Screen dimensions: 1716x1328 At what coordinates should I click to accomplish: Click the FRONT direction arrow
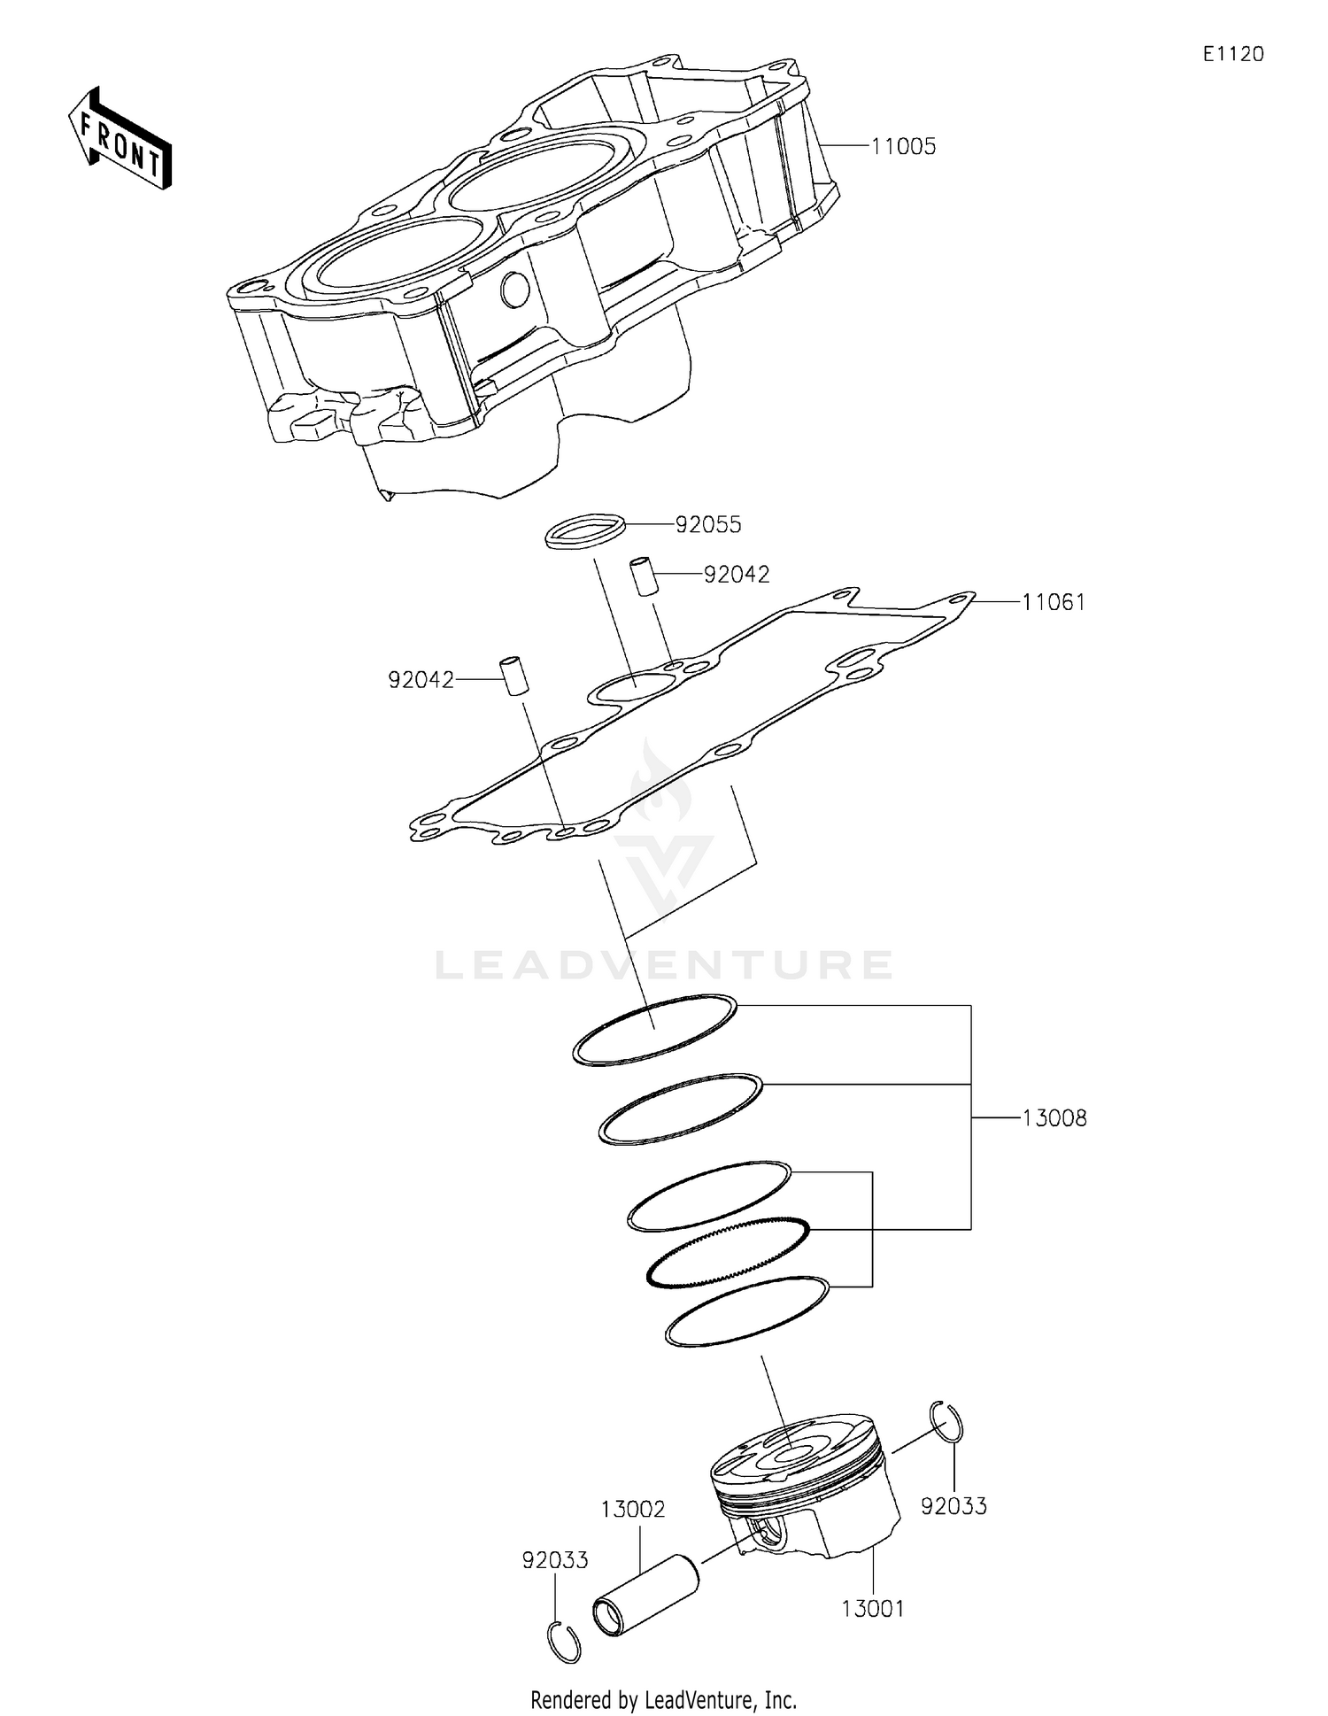point(120,140)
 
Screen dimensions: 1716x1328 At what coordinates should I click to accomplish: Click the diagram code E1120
point(1232,55)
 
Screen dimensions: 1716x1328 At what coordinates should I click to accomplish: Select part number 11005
point(903,147)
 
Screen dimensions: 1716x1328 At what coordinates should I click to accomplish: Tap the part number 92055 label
point(708,525)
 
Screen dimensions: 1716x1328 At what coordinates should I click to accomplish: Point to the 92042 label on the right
point(737,575)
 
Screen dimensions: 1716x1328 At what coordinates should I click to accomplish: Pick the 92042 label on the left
point(421,680)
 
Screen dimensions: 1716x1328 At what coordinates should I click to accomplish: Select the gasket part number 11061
point(1054,603)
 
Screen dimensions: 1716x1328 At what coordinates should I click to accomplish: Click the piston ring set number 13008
point(1054,1118)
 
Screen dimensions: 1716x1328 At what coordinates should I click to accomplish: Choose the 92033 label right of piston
point(954,1506)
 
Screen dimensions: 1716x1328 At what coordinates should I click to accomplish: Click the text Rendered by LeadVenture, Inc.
point(663,1700)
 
